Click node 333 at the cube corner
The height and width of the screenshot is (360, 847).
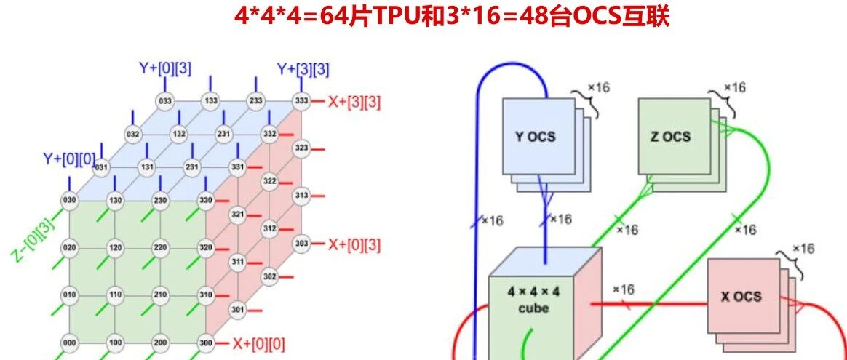pos(300,100)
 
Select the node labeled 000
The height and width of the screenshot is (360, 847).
pos(70,343)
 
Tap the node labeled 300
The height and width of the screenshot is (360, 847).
pos(206,343)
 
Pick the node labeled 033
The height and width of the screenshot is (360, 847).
pos(165,100)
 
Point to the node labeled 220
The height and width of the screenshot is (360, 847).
pos(161,247)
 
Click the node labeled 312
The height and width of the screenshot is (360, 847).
pos(269,228)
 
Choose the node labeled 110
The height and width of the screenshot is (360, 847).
pos(115,296)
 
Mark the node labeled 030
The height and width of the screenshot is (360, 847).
pos(70,201)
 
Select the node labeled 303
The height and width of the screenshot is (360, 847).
pos(300,242)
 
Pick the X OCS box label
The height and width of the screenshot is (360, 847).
pos(741,296)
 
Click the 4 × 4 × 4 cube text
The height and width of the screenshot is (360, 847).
pos(533,300)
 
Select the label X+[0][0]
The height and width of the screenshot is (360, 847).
pos(258,342)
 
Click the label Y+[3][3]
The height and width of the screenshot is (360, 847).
pos(303,70)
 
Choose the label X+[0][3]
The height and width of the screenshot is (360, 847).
pos(354,244)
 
